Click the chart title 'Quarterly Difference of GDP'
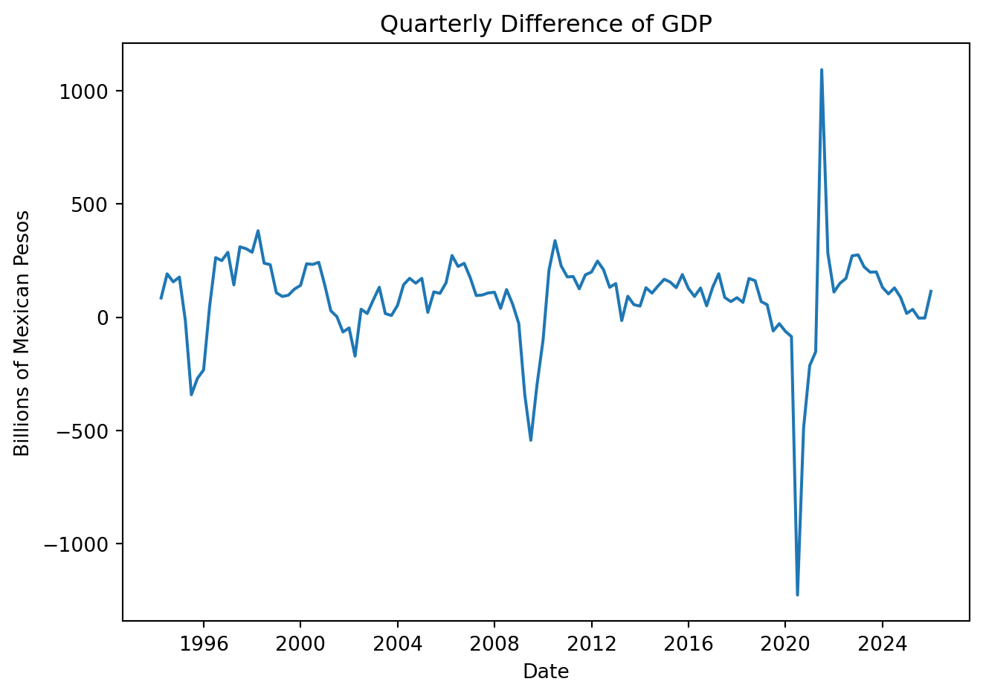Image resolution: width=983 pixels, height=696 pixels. (546, 25)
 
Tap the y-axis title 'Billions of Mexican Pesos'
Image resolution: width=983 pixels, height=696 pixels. (22, 333)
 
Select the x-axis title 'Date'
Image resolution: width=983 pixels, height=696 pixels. (546, 672)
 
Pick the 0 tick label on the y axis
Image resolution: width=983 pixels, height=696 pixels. (104, 318)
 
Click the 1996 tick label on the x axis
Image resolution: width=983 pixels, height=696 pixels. (203, 643)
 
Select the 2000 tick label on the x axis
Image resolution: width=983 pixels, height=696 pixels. (300, 643)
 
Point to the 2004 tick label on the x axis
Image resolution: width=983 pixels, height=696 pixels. (397, 643)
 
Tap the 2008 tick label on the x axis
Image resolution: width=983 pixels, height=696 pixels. (494, 643)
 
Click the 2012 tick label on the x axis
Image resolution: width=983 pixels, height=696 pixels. (591, 643)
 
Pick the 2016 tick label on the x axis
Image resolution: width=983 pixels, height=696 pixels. (689, 643)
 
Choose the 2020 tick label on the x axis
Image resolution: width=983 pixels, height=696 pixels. (785, 643)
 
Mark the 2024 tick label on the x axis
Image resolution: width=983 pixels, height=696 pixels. (883, 643)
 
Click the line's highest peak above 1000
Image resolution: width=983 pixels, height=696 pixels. (821, 70)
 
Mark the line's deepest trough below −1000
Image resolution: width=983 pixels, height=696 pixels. (797, 595)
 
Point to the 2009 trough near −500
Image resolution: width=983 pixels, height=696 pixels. (530, 440)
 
